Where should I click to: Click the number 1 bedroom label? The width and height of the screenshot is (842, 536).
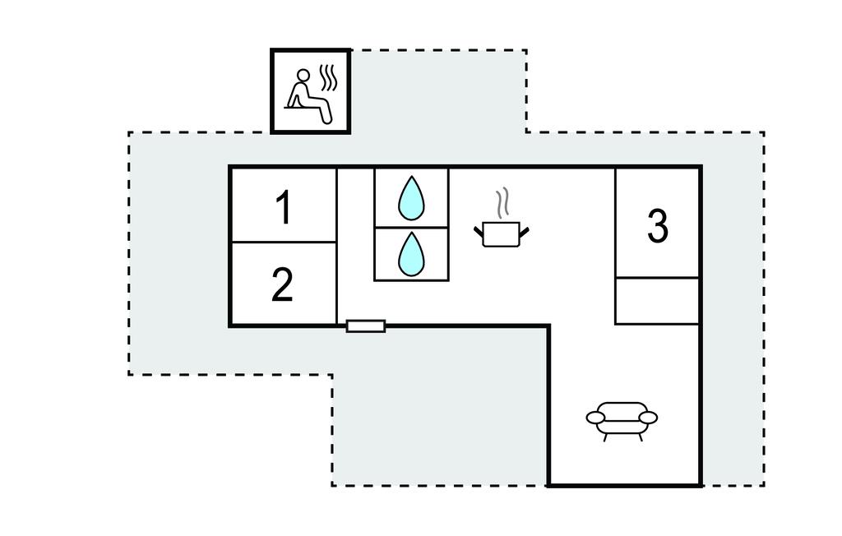coord(284,208)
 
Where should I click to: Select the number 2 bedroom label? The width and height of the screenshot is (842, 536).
coord(283,284)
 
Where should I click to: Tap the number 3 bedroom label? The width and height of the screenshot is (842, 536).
coord(658,226)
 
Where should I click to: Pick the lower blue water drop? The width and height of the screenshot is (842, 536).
coord(411,254)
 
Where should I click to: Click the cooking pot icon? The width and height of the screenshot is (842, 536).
coord(502,234)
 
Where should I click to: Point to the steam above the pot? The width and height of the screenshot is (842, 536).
coord(502,203)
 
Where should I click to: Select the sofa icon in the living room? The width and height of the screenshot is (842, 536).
coord(622,421)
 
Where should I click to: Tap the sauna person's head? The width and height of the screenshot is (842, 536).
coord(303,75)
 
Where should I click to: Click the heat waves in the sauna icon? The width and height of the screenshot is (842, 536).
coord(329,78)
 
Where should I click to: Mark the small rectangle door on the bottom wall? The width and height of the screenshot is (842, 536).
coord(366,326)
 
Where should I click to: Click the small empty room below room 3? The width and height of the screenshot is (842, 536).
coord(657,301)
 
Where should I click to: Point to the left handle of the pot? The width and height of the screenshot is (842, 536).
coord(479,232)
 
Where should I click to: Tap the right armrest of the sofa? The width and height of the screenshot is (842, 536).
coord(648,418)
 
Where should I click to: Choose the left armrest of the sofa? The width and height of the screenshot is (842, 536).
coord(596,418)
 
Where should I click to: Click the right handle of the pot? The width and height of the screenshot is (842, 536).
coord(524,232)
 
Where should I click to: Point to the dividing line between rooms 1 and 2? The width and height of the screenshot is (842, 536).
coord(284,243)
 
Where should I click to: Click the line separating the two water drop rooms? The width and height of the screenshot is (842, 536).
coord(411,227)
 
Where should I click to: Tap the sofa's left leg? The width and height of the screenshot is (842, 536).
coord(606,437)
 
